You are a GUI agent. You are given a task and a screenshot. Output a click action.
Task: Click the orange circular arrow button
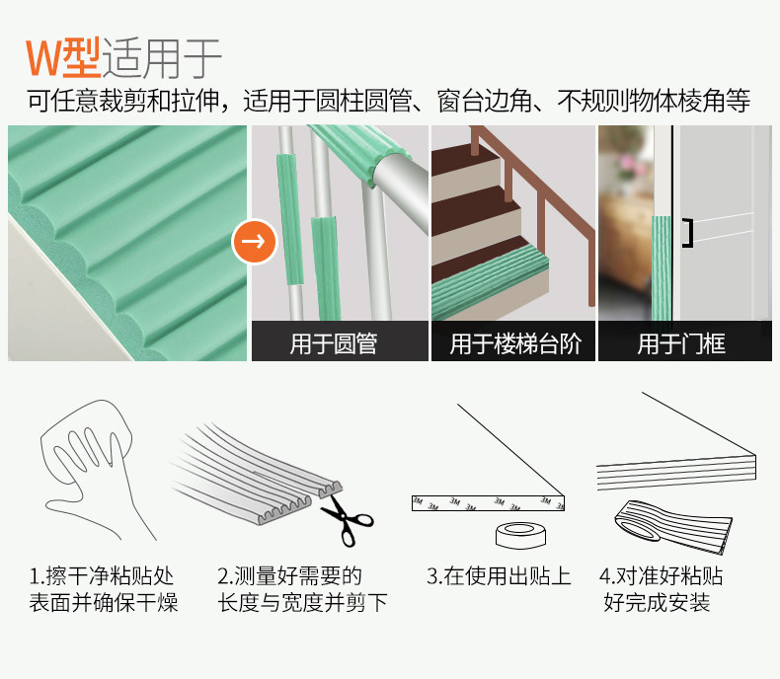pos(254,241)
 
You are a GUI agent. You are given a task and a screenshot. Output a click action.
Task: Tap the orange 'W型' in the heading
pos(63,58)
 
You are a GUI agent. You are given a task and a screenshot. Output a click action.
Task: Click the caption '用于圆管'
pos(334,343)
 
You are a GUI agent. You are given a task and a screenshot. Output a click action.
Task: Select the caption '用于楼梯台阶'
pos(515,343)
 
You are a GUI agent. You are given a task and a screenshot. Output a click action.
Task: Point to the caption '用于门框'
pos(681,343)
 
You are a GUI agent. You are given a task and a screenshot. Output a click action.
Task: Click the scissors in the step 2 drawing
pos(347,520)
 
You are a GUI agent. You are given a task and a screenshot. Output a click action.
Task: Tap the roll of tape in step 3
pos(521,536)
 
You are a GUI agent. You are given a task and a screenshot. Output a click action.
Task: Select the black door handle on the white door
pos(687,233)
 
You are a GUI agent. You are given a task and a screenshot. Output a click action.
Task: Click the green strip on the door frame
pos(662,267)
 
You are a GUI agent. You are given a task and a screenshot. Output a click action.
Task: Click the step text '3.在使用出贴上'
pos(499,576)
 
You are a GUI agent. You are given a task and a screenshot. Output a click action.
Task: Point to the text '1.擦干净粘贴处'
pos(102,576)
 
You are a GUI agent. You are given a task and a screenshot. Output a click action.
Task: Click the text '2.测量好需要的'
pos(289,576)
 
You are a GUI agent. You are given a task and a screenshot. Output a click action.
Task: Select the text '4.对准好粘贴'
pos(662,576)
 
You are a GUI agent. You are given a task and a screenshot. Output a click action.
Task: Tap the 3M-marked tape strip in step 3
pos(488,503)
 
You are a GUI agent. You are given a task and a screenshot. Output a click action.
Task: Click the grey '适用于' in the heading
pos(162,58)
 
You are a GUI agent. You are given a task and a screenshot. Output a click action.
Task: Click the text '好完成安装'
pos(657,603)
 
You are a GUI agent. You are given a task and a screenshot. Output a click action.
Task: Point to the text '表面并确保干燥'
pos(104,603)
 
